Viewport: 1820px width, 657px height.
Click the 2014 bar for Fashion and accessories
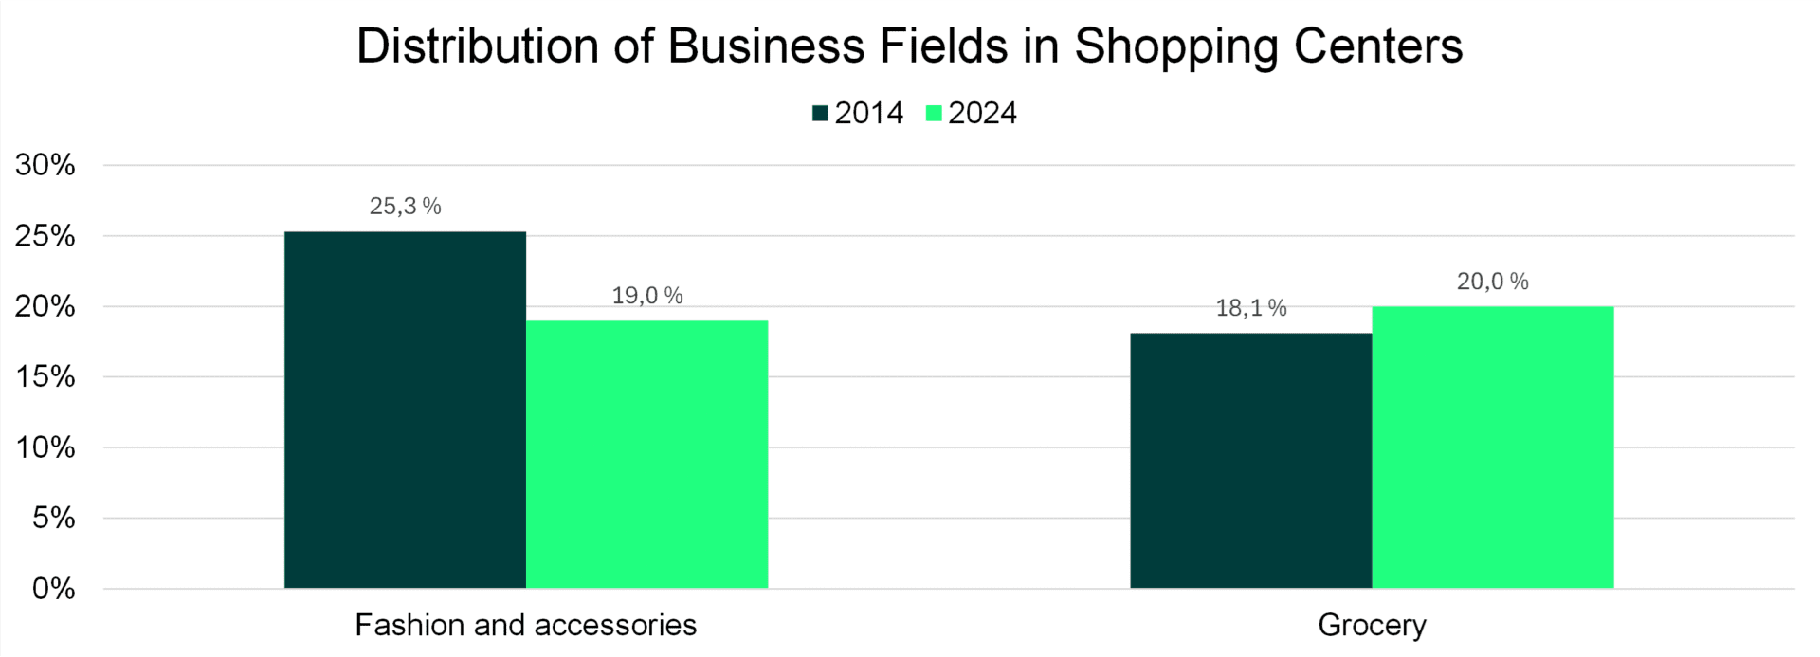(x=405, y=410)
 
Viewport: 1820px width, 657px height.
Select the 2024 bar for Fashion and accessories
(x=646, y=454)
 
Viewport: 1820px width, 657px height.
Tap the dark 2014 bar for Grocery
(x=1250, y=460)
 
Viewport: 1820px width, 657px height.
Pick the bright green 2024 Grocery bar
(x=1492, y=447)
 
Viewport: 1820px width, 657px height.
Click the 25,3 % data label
(x=405, y=207)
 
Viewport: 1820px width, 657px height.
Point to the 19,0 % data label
(x=646, y=296)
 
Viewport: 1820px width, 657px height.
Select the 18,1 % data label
(x=1250, y=308)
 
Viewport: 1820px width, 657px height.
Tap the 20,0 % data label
(x=1492, y=282)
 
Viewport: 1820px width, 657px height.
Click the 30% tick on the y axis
(x=45, y=166)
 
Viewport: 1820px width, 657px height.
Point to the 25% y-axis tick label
(x=45, y=236)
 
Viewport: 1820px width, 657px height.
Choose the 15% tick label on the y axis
(x=45, y=377)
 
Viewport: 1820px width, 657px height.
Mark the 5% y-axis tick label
(x=53, y=519)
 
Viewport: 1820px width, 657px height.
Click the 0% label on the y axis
(x=53, y=589)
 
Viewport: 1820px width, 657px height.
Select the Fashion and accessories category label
(x=525, y=626)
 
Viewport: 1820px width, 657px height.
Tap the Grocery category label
(x=1372, y=626)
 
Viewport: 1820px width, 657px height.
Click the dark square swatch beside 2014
(x=820, y=114)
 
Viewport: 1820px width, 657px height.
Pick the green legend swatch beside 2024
(x=934, y=114)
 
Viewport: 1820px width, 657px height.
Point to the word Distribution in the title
(x=478, y=46)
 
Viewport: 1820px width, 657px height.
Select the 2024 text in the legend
(x=982, y=114)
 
